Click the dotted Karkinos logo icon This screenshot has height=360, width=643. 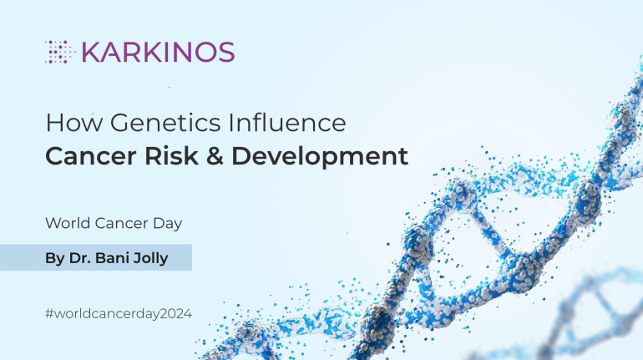click(x=59, y=52)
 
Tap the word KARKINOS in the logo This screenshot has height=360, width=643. click(x=157, y=52)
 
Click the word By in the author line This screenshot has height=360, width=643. click(x=55, y=258)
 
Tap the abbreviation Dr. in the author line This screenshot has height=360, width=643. click(x=81, y=258)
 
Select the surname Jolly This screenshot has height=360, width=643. click(x=153, y=258)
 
